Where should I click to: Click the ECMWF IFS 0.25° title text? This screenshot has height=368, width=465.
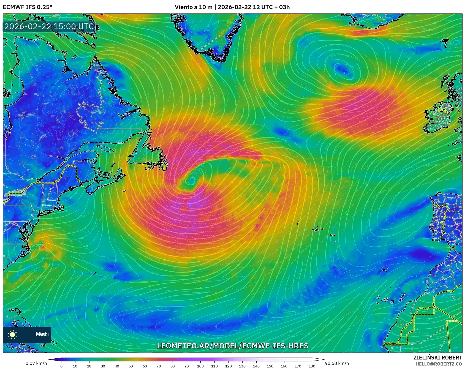coord(28,7)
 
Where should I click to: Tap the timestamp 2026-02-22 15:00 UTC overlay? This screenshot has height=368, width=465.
coord(49,26)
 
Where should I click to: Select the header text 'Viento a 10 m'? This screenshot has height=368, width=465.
coord(193,7)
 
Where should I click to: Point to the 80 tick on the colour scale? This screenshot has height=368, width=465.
coord(172,366)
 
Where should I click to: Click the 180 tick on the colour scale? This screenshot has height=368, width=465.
coord(312,366)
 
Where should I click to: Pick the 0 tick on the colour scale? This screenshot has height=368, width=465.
coord(61,366)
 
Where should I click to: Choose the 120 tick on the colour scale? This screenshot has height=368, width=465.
coord(228,366)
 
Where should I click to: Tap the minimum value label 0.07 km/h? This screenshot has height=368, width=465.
coord(36,363)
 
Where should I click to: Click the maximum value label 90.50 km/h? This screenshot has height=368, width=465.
coord(337,363)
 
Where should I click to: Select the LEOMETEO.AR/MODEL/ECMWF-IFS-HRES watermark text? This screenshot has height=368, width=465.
coord(232,346)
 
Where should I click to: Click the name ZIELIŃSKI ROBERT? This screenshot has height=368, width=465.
coord(437,358)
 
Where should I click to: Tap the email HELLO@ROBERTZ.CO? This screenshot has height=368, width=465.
coord(439,364)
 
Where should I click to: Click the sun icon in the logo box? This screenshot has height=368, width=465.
coord(12,334)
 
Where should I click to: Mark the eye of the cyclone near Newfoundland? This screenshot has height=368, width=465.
coord(192,180)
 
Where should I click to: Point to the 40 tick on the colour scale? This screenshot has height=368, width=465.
coord(117,366)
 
